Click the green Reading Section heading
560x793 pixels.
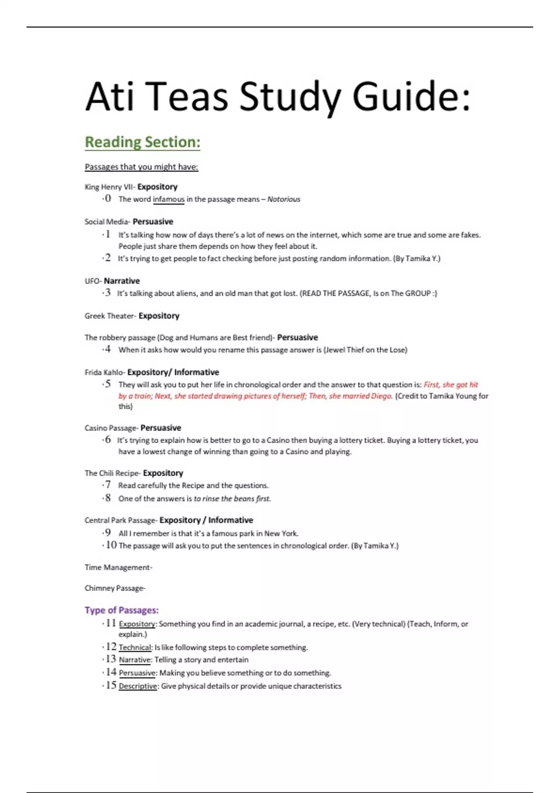coord(142,142)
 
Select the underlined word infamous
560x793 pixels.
coord(168,199)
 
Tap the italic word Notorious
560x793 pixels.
coord(284,199)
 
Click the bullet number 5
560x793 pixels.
coord(108,384)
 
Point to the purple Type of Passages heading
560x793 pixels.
coord(121,610)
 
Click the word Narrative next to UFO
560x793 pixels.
coord(122,281)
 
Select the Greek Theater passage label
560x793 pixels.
coord(110,316)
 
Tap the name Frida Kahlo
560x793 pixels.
coord(104,372)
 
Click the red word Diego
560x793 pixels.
coord(381,396)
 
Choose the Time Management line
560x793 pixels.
coord(118,567)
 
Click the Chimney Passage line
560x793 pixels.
coord(115,588)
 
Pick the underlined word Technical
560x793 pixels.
coord(135,647)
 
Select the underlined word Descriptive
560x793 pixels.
coord(138,686)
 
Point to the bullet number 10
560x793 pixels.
coord(111,545)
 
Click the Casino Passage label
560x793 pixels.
coord(111,428)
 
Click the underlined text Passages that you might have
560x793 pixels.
coord(141,167)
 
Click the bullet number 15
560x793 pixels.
coord(111,685)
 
